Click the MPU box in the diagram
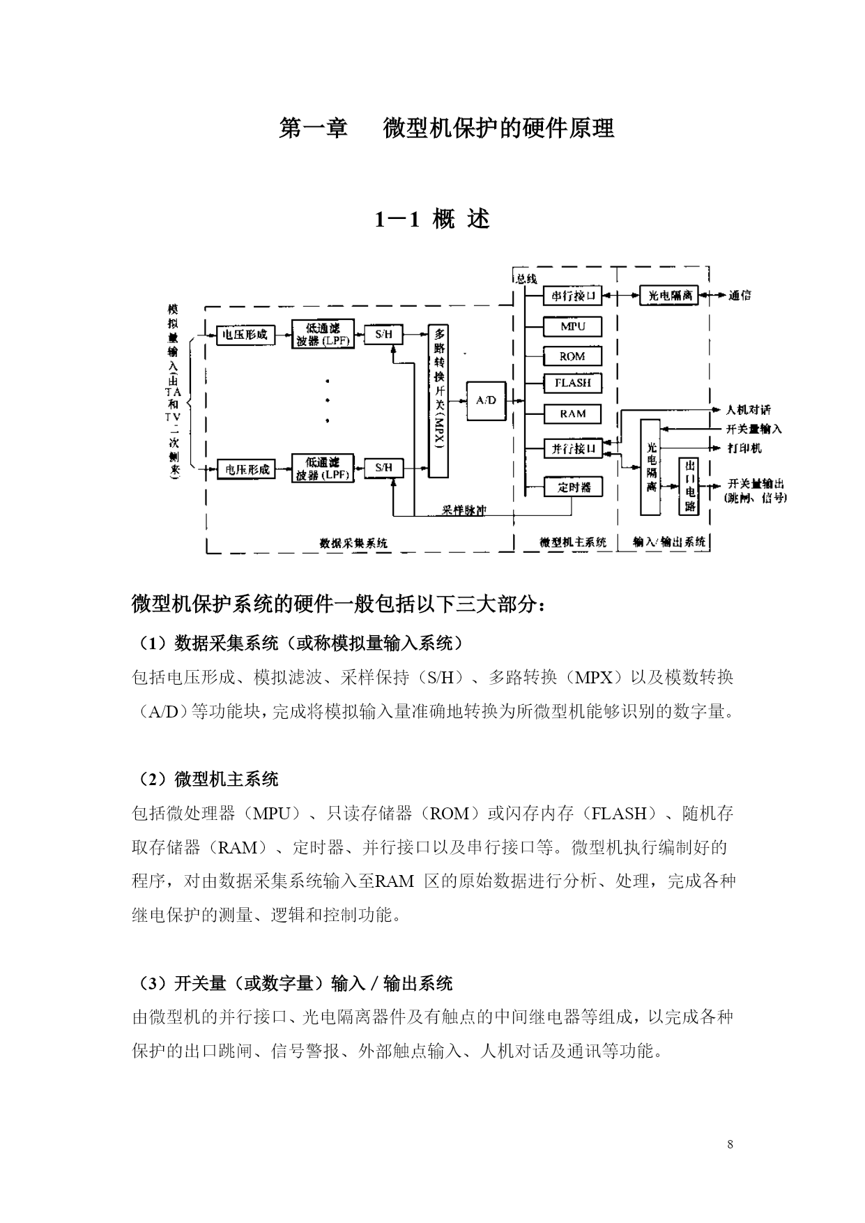coord(572,326)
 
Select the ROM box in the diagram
coord(572,356)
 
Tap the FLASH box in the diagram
coord(572,383)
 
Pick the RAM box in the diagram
coord(572,414)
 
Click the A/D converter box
coord(486,400)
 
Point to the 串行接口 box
coord(572,296)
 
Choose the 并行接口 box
coord(572,448)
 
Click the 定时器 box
coord(572,487)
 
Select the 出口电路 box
coord(689,486)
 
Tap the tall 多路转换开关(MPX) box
coord(438,401)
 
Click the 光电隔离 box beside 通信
coord(669,296)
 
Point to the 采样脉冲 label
coord(464,510)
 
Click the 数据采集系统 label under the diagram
coord(353,542)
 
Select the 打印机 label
coord(744,448)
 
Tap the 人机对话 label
coord(749,409)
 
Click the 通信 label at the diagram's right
coord(740,296)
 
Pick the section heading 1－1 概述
coord(433,220)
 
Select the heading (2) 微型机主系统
coord(206,779)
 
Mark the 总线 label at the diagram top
coord(527,279)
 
